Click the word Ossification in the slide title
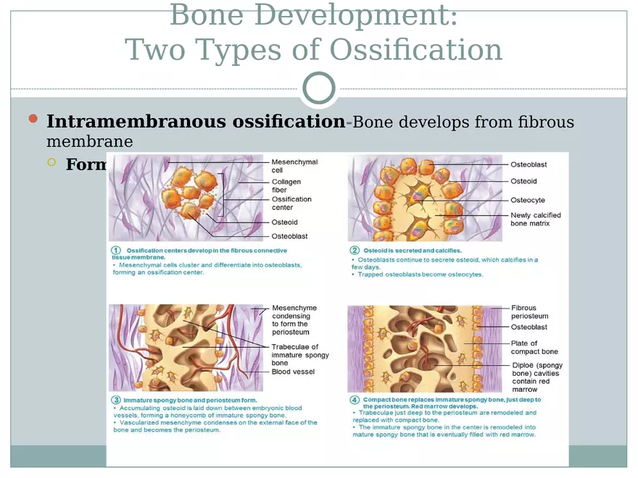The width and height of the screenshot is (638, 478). click(415, 50)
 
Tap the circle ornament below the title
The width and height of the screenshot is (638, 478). click(319, 89)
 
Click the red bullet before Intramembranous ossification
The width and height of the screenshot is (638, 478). click(32, 119)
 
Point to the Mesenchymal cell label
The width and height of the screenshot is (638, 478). click(294, 166)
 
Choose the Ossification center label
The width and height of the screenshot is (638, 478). click(291, 204)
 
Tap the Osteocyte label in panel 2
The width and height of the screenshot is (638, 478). click(527, 200)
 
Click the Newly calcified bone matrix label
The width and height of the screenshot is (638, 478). click(535, 219)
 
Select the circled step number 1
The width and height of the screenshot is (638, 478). click(116, 250)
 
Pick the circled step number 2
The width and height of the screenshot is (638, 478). click(355, 250)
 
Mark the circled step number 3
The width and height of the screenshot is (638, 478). click(115, 400)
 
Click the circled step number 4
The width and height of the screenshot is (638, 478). click(355, 400)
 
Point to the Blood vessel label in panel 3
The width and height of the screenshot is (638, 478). click(293, 372)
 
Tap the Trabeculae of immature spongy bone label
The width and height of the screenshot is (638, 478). click(300, 355)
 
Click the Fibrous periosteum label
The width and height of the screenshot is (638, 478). click(529, 312)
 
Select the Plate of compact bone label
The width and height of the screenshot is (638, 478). click(534, 348)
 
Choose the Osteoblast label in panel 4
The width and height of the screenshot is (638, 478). click(529, 327)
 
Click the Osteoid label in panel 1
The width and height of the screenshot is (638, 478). click(284, 222)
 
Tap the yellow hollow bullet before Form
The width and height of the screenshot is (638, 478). click(51, 163)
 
